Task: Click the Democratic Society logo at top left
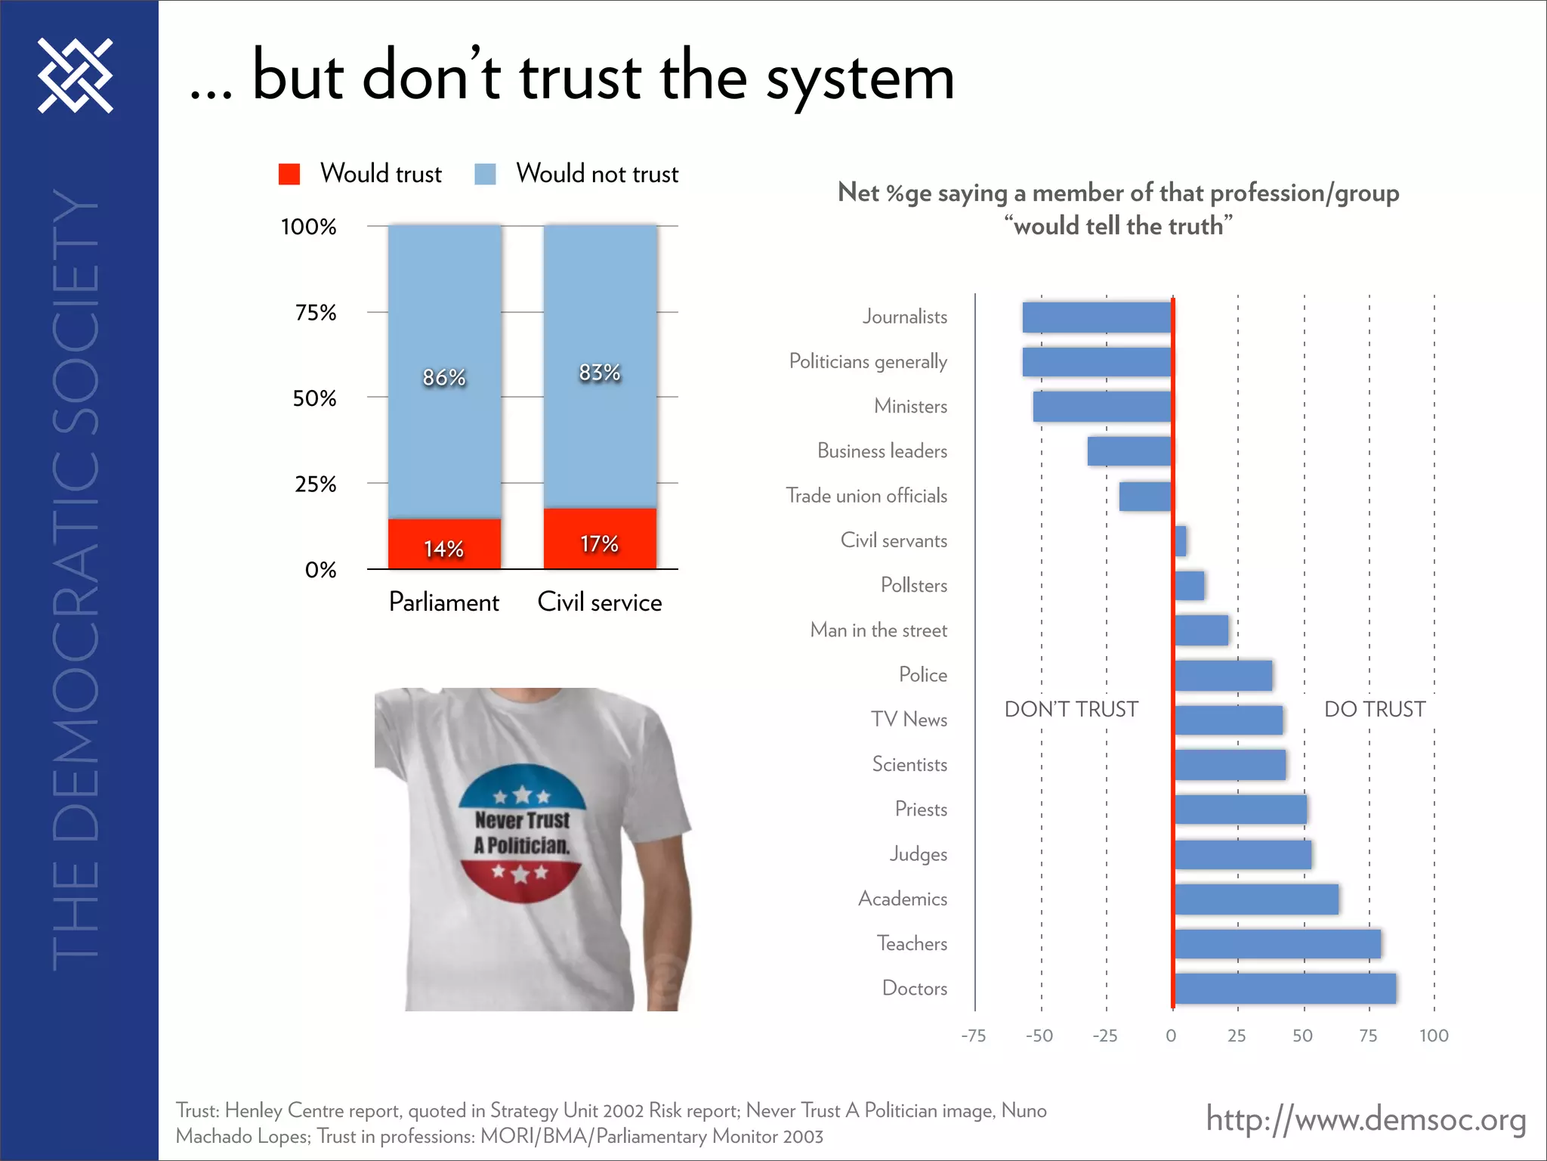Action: point(76,76)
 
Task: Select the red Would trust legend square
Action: point(289,174)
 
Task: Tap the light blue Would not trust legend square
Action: point(485,174)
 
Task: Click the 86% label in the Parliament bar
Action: point(444,377)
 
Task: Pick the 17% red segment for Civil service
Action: point(600,540)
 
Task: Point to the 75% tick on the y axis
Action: point(316,312)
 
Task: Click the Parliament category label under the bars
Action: point(444,602)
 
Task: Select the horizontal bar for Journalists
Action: point(1097,317)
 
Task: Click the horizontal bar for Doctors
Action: point(1285,989)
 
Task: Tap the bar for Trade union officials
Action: point(1145,497)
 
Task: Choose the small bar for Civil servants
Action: point(1181,541)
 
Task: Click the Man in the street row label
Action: point(878,630)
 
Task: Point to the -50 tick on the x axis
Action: point(1039,1036)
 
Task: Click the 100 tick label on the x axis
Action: point(1434,1036)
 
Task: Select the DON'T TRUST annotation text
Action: point(1071,709)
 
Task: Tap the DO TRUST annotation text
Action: point(1375,709)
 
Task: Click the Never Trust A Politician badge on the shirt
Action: point(523,833)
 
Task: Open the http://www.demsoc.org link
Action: point(1366,1119)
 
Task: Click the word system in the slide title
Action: point(861,79)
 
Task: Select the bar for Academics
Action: point(1256,899)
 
